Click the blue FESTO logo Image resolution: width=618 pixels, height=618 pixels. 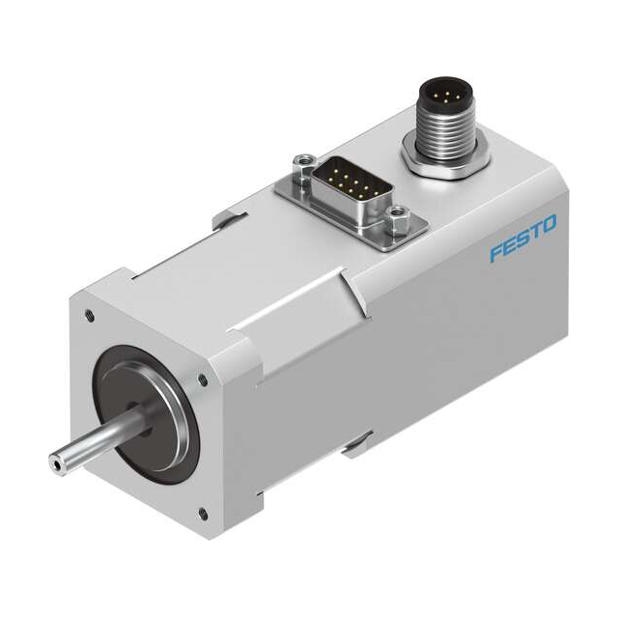pos(522,239)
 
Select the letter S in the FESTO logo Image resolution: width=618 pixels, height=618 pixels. pos(521,239)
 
